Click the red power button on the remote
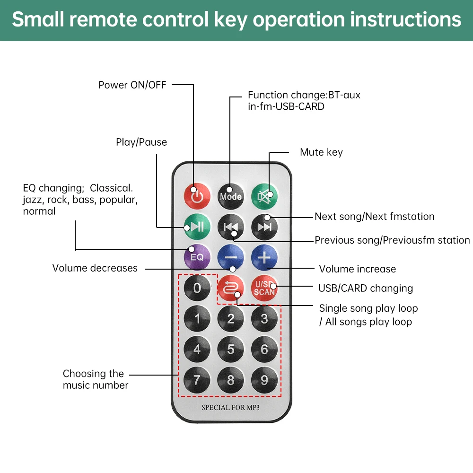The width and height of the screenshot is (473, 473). (x=197, y=196)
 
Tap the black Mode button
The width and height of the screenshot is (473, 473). (x=231, y=196)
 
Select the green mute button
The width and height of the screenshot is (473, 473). (x=264, y=196)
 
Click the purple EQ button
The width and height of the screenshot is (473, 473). (x=197, y=257)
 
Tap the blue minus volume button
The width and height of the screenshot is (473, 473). (x=231, y=257)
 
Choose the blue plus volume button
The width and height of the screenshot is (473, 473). (x=264, y=257)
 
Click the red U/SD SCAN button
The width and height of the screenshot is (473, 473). (x=264, y=288)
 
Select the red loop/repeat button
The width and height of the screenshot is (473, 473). (x=231, y=288)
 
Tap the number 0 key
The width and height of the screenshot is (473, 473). (x=197, y=288)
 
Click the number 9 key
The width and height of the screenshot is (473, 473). (x=264, y=380)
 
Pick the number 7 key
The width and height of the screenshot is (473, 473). (x=197, y=380)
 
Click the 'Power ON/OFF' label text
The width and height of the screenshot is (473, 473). (x=132, y=85)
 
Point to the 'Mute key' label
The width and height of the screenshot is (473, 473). (x=321, y=152)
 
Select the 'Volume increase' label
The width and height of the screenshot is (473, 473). (x=358, y=269)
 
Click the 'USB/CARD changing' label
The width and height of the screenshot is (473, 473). (x=366, y=288)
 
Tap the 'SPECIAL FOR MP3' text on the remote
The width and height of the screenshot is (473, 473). (x=231, y=407)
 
